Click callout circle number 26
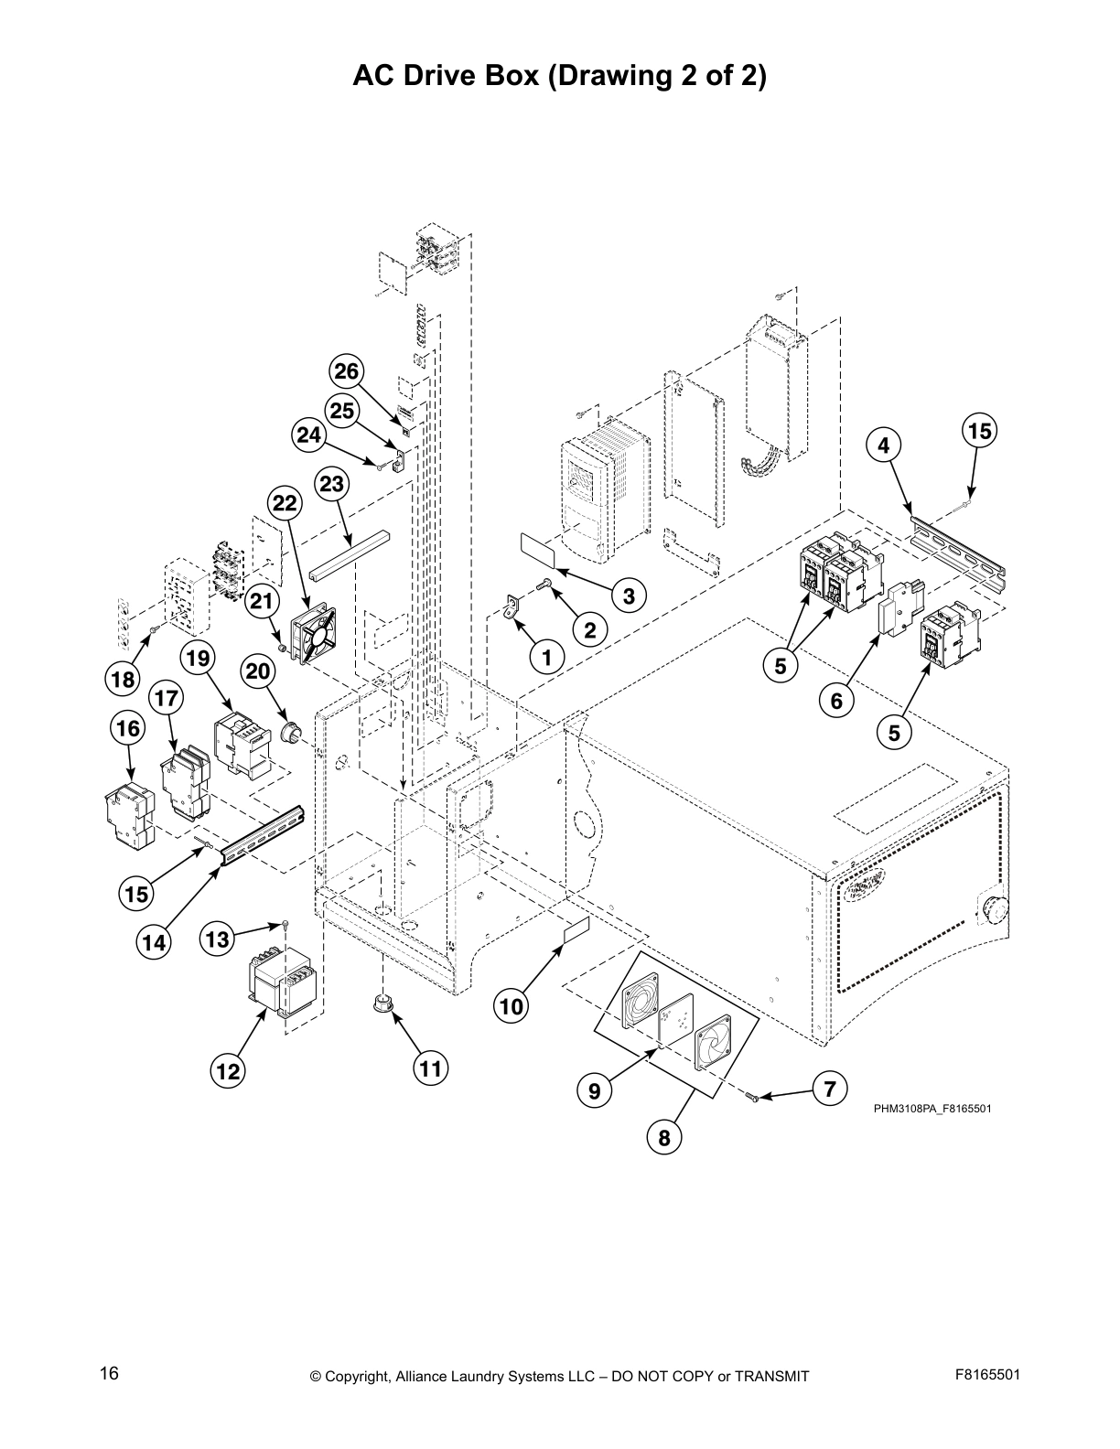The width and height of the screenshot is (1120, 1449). (347, 371)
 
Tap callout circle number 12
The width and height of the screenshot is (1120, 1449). (228, 1070)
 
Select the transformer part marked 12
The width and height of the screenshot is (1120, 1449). (285, 982)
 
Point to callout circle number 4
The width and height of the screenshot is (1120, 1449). (883, 445)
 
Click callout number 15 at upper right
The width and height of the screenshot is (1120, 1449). (980, 431)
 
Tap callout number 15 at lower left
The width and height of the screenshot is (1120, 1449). (136, 894)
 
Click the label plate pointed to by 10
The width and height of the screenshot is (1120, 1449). (575, 933)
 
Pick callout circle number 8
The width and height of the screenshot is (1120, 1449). (664, 1138)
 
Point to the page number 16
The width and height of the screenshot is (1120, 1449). (109, 1373)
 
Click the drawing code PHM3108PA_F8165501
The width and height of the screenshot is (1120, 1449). (932, 1109)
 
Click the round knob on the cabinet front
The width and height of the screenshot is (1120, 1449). (992, 908)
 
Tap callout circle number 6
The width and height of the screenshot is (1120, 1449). (836, 702)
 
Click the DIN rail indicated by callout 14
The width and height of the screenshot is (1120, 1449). (262, 834)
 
